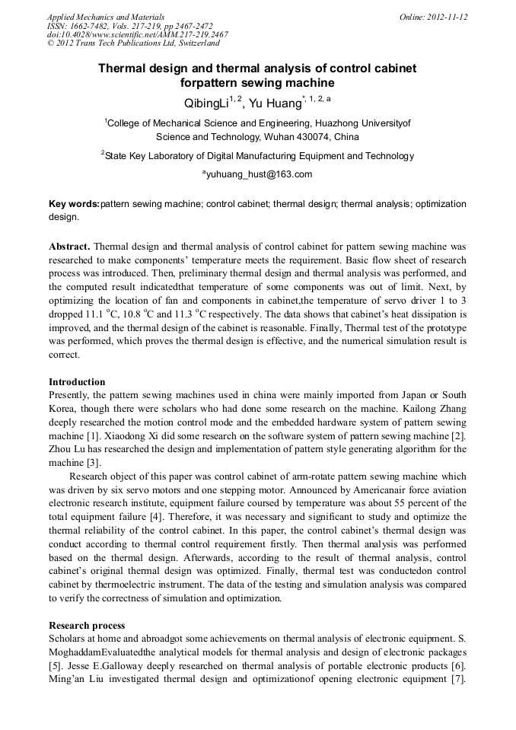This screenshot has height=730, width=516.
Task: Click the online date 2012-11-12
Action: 448,16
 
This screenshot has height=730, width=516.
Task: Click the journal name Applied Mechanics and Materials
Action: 106,16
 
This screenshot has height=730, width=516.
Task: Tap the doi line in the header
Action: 137,34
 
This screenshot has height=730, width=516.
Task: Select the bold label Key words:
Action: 74,204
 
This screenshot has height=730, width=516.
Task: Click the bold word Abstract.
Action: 69,247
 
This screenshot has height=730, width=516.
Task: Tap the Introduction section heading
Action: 77,381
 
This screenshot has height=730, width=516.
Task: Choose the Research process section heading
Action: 87,625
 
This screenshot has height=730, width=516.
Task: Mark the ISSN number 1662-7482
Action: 89,25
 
